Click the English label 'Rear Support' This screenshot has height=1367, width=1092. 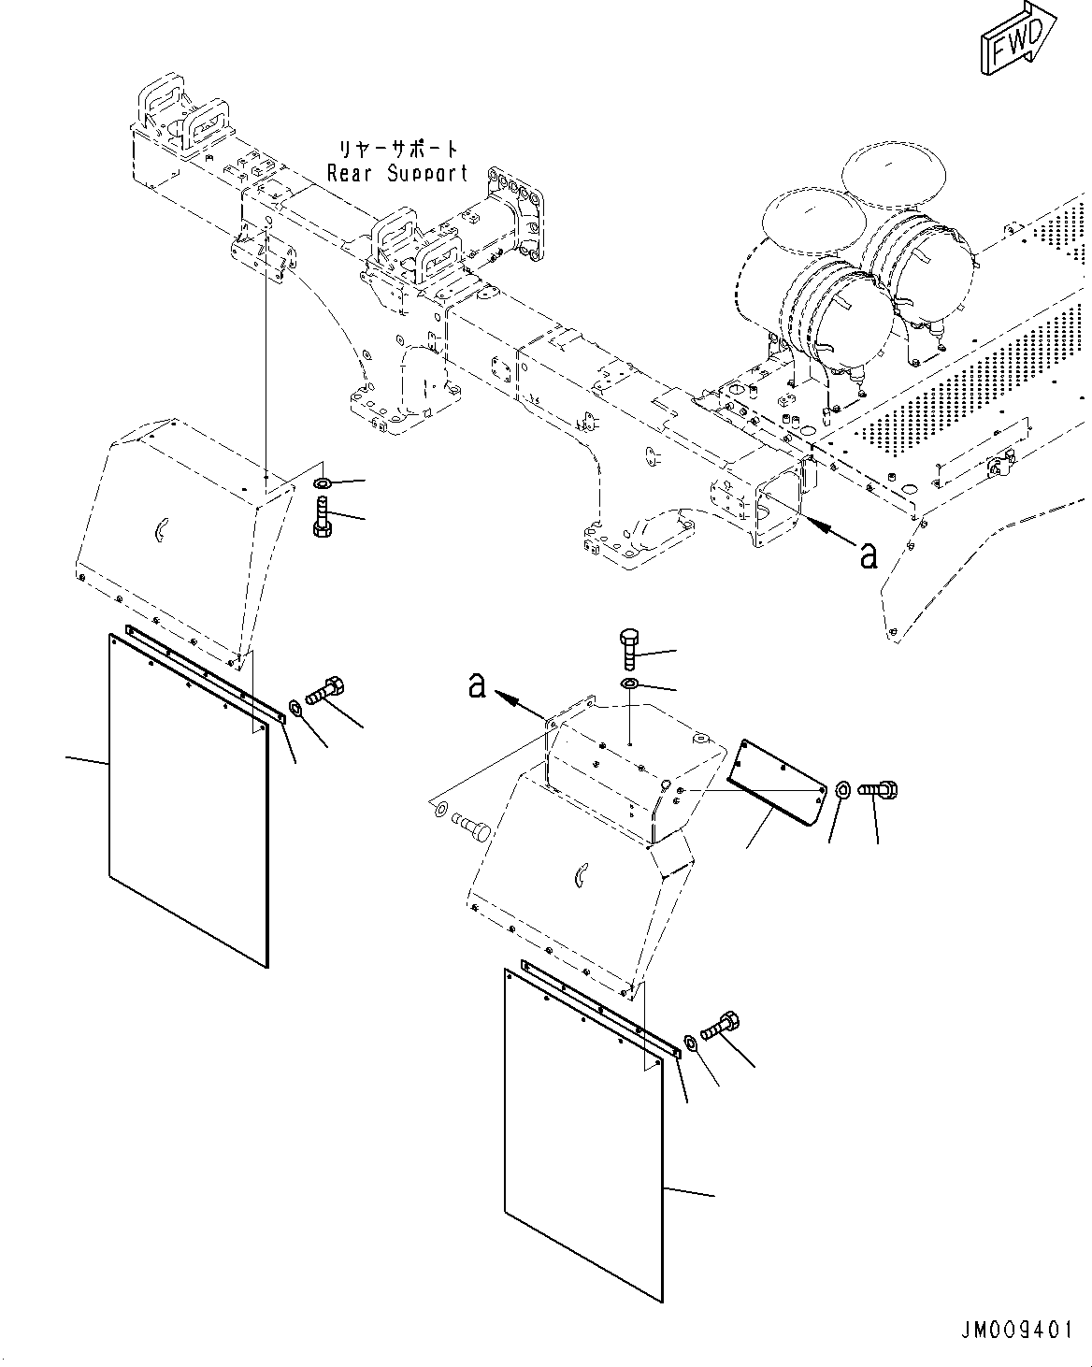click(396, 173)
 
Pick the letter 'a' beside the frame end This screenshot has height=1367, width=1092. click(869, 555)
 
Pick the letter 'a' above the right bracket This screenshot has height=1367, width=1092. click(478, 687)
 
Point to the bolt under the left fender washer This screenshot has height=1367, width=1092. click(322, 517)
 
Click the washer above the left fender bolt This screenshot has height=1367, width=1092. click(322, 483)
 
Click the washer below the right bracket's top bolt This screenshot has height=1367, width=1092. click(630, 686)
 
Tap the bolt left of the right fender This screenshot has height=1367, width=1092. click(472, 827)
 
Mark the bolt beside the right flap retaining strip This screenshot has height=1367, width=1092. click(719, 1026)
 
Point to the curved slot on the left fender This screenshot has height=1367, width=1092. click(160, 531)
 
